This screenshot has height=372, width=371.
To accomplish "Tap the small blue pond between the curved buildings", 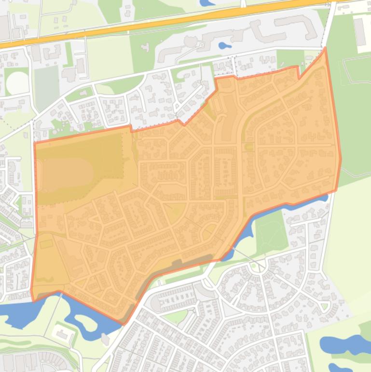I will click(224, 46).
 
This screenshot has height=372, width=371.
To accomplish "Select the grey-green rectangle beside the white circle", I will click(47, 87).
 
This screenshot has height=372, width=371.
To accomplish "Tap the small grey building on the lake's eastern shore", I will click(105, 339).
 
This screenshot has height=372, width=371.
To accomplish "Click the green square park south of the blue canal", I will click(270, 232).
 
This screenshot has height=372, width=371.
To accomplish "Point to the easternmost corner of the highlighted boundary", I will click(341, 158).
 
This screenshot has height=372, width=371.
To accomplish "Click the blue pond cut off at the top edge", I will click(207, 2).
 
